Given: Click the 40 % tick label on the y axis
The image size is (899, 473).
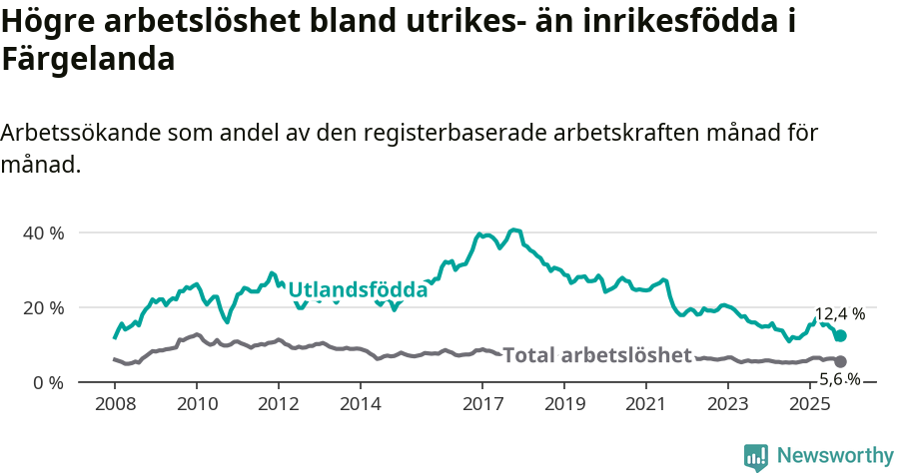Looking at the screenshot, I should coord(43,233).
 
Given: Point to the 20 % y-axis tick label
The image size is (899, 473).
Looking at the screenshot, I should coord(43,307).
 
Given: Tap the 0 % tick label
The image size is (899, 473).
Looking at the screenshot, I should coord(47,382).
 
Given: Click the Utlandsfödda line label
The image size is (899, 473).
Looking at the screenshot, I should coord(358,290).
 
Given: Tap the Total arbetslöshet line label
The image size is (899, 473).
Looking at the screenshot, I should coord(597,355).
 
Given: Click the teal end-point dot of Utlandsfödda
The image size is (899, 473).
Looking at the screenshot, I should coord(840,336).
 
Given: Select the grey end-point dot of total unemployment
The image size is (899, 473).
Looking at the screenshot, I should coord(840,361).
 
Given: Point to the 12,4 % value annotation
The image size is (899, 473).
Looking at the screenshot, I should coord(840,314).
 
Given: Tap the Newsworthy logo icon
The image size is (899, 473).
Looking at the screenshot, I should coord(756,457).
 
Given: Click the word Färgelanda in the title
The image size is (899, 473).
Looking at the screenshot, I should coord(89,59).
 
